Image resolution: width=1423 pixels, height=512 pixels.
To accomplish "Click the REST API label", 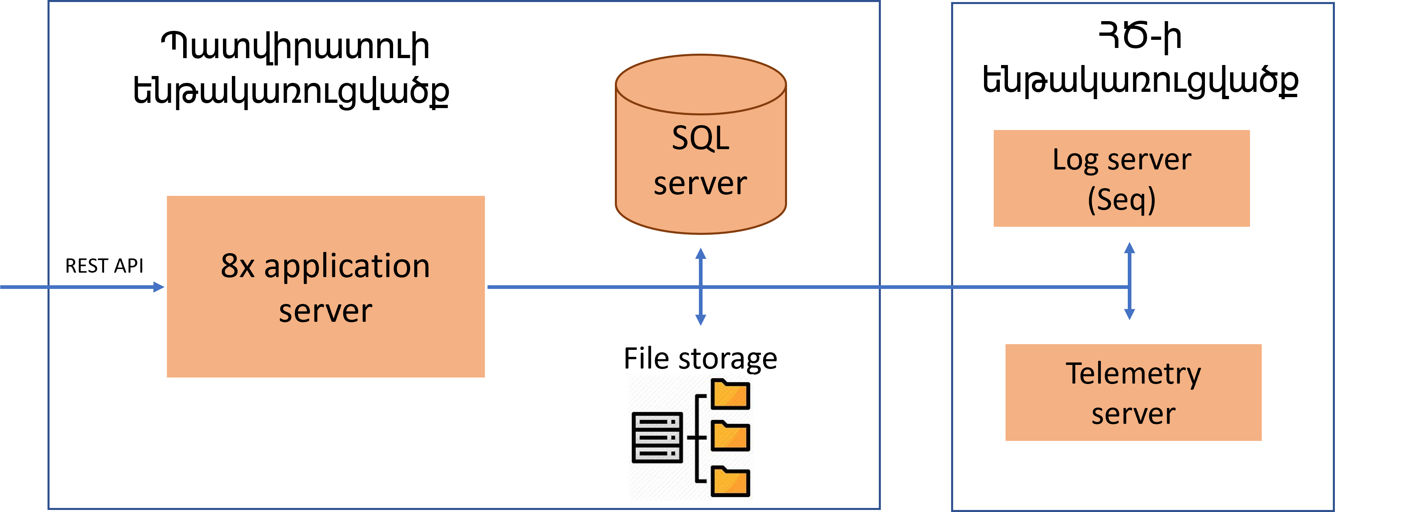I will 104,266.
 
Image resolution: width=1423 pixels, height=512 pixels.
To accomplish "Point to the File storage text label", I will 701,358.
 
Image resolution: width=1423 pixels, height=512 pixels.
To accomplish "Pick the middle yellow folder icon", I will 730,436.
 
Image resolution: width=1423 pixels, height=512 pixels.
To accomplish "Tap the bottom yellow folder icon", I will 730,481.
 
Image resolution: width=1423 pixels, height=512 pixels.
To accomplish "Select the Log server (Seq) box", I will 1121,178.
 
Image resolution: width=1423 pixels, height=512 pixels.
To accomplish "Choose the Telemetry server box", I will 1133,392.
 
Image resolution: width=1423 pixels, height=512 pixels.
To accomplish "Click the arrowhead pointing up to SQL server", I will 701,254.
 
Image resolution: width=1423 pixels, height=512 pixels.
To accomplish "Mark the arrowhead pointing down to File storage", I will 701,319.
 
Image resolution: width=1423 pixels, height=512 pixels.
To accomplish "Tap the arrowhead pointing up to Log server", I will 1130,248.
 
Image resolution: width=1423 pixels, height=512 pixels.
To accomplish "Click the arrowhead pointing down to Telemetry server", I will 1130,314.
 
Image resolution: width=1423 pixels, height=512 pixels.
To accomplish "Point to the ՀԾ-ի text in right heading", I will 1140,37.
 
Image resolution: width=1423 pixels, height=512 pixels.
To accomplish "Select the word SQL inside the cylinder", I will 701,138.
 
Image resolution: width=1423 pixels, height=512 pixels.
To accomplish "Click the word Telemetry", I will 1133,374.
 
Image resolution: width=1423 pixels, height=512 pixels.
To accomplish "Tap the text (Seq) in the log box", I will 1121,199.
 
